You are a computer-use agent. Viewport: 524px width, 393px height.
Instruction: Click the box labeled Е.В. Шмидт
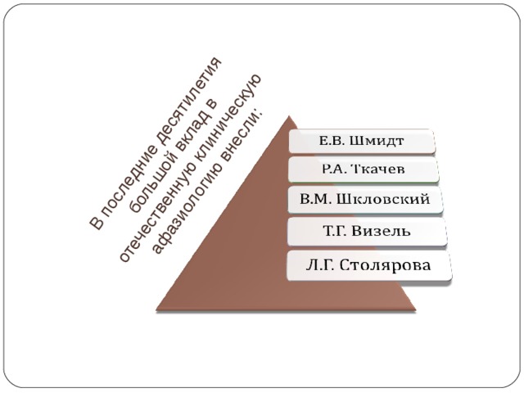pos(362,141)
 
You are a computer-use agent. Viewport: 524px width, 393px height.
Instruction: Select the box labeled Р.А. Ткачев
pos(364,169)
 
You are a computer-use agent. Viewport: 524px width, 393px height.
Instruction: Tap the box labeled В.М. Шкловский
pos(365,200)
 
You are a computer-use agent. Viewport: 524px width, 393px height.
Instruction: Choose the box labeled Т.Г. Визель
pos(367,231)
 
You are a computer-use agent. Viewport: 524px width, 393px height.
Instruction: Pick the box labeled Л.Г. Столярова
pos(368,265)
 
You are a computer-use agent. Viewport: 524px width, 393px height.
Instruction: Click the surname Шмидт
pos(377,141)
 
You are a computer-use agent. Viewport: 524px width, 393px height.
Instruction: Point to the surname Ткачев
pos(380,169)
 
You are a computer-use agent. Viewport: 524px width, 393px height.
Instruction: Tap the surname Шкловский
pos(383,200)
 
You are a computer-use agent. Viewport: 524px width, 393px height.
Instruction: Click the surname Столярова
pos(386,265)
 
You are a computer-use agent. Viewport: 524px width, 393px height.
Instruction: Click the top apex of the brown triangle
pos(289,116)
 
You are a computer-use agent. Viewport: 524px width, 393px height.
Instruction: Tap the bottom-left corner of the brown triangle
pos(156,310)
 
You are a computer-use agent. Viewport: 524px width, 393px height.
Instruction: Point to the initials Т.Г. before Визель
pos(334,231)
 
